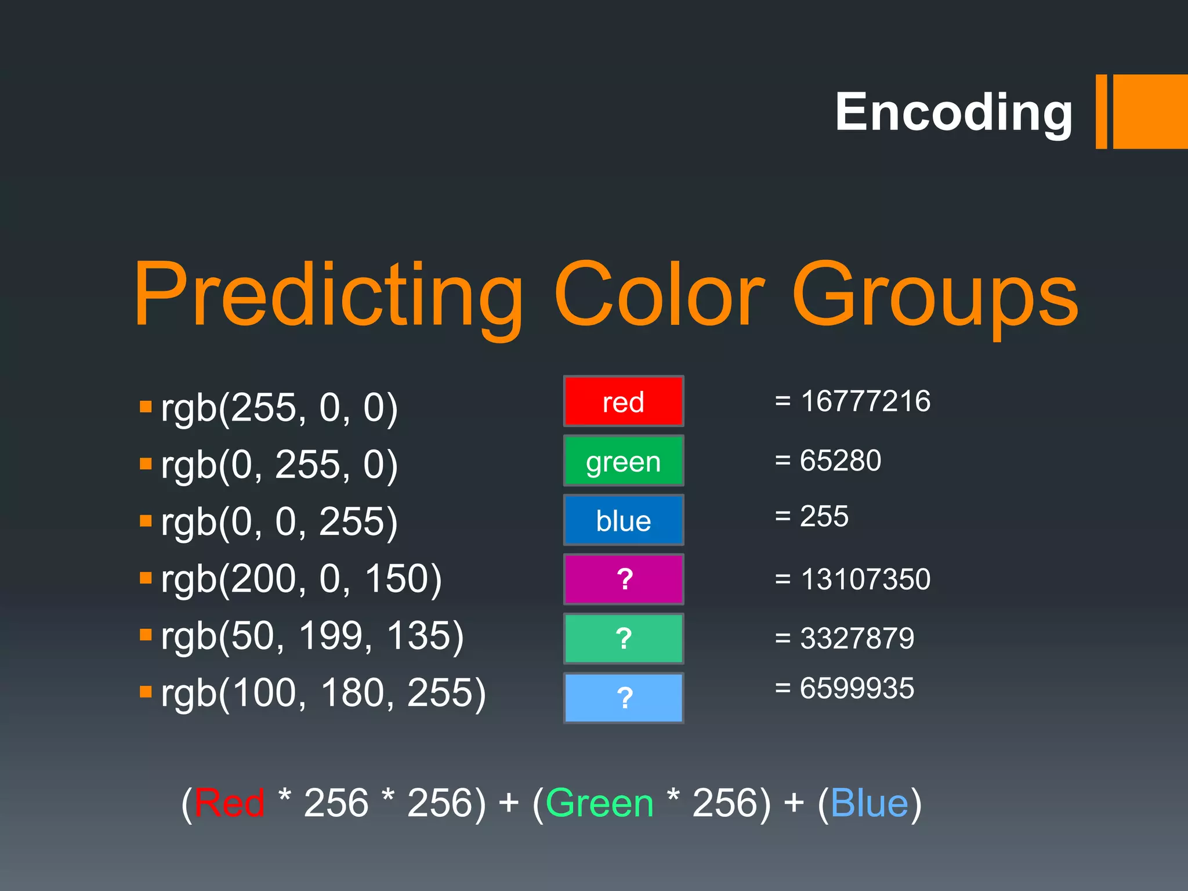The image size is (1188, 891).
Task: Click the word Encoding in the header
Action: pos(954,112)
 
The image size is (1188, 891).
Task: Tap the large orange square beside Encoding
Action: pos(1150,111)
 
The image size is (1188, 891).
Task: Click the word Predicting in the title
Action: pos(328,296)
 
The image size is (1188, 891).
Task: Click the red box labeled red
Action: pos(624,401)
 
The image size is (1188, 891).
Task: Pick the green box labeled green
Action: pos(624,461)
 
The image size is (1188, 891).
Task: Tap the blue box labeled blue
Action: pos(624,520)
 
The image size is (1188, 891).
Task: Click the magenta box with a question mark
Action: pos(624,579)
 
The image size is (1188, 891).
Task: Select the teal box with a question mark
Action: pos(624,639)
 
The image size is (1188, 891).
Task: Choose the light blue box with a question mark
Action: pos(624,698)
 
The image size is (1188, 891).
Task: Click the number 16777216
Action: pos(865,401)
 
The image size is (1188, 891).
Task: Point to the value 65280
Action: pos(840,461)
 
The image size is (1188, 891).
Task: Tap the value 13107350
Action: pos(865,579)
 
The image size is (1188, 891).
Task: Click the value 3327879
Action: pos(857,638)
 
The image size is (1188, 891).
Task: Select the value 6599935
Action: pos(857,689)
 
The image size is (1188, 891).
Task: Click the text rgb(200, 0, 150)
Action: pos(301,579)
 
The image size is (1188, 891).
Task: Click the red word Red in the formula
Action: pos(229,803)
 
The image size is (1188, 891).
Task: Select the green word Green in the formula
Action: pos(599,803)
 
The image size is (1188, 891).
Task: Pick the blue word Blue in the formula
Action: pos(869,803)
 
